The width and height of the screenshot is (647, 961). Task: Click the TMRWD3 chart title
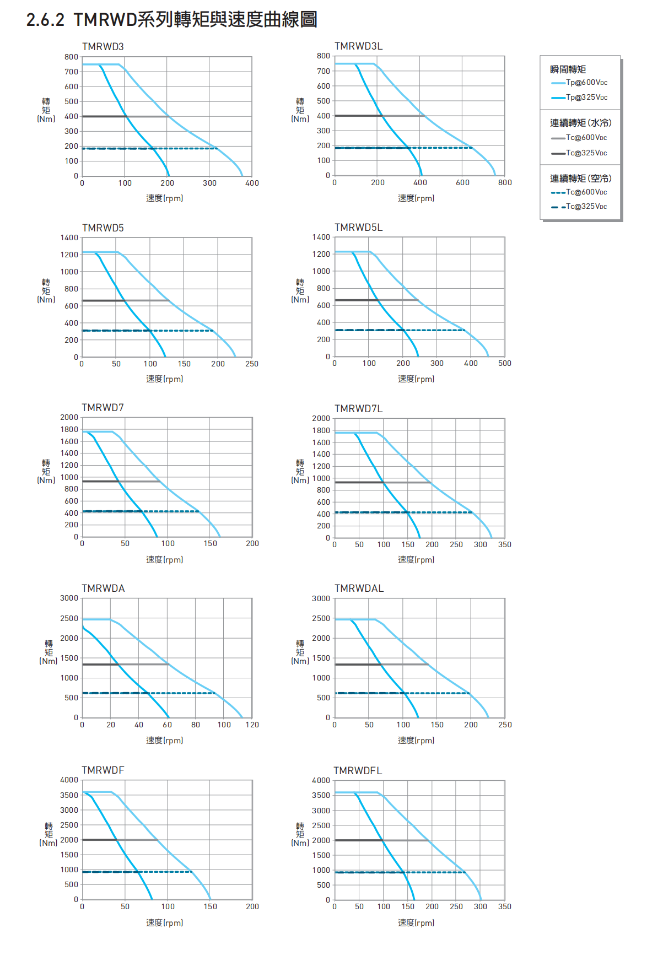click(x=103, y=47)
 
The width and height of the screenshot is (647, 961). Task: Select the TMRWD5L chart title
click(x=358, y=228)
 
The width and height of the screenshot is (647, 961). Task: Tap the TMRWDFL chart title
click(x=358, y=771)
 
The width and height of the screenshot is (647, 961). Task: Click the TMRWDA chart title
click(x=103, y=589)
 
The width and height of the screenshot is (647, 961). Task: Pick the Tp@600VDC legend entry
click(x=586, y=83)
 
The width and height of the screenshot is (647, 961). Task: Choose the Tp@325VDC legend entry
click(x=586, y=98)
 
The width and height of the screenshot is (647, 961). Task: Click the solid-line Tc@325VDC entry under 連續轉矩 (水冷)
click(x=586, y=153)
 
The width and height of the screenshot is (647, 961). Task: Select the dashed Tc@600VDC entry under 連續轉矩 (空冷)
click(x=586, y=192)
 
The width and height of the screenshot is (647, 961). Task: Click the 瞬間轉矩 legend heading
click(x=568, y=69)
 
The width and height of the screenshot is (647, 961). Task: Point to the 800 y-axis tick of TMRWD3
click(x=71, y=57)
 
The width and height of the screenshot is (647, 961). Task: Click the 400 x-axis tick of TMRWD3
click(x=252, y=183)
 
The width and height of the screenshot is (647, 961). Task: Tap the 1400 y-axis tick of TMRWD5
click(x=69, y=238)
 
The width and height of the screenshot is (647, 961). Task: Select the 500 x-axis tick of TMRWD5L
click(x=504, y=364)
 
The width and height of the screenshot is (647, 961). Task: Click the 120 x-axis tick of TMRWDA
click(x=252, y=725)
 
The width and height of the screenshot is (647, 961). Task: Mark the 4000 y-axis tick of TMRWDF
click(x=69, y=780)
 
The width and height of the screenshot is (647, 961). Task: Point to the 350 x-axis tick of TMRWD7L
click(x=504, y=545)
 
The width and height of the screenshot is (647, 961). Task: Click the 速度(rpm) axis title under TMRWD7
click(x=164, y=560)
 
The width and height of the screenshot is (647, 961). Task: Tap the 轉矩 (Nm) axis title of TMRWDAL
click(x=300, y=652)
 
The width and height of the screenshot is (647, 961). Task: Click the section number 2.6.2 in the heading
click(x=45, y=20)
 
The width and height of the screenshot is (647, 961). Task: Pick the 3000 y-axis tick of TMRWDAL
click(x=321, y=599)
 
